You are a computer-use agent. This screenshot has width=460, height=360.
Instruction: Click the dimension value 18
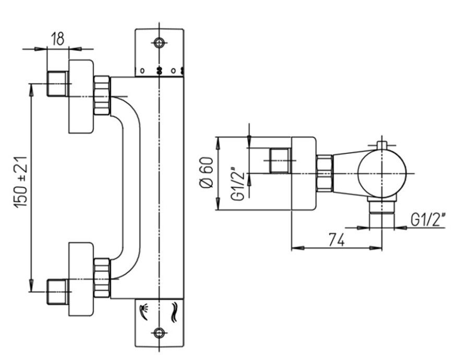[57, 39]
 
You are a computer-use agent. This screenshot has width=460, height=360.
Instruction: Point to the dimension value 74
[337, 239]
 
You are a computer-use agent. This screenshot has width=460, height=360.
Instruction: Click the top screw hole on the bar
[160, 41]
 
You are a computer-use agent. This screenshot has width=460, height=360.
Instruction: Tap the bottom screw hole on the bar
[160, 331]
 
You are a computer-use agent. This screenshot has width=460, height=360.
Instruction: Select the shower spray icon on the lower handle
[144, 311]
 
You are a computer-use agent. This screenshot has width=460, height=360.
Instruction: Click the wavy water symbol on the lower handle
[174, 311]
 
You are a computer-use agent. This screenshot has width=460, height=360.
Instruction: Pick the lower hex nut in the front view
[102, 276]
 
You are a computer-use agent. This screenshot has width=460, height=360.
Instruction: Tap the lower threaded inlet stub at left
[58, 292]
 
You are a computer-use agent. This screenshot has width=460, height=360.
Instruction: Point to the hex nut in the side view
[324, 173]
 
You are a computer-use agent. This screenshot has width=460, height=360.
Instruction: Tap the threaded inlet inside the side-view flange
[281, 161]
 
